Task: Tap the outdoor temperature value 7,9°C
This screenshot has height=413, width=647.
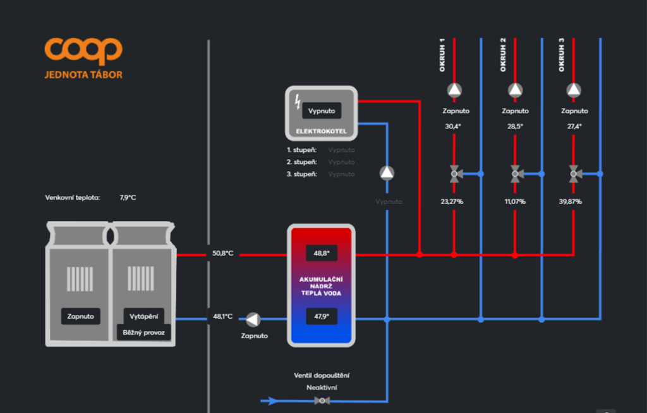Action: [x=128, y=198]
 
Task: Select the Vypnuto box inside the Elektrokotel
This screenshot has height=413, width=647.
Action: [x=322, y=111]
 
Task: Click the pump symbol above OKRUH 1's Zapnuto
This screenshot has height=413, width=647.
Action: [x=454, y=90]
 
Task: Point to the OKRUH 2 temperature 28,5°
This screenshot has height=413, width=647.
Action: [x=515, y=126]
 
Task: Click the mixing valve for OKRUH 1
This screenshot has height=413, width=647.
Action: [x=454, y=173]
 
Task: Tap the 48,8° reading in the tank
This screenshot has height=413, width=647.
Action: [x=322, y=254]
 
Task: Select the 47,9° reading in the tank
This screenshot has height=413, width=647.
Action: [x=322, y=316]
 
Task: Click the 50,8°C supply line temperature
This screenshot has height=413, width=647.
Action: [x=222, y=254]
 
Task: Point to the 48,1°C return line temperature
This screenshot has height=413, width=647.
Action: [x=222, y=316]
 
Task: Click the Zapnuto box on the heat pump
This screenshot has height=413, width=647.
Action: [x=80, y=316]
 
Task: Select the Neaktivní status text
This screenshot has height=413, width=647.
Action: [x=322, y=387]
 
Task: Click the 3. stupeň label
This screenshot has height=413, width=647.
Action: [x=301, y=174]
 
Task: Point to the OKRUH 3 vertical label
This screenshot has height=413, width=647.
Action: [x=562, y=54]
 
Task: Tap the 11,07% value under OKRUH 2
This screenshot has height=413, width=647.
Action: [x=515, y=202]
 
